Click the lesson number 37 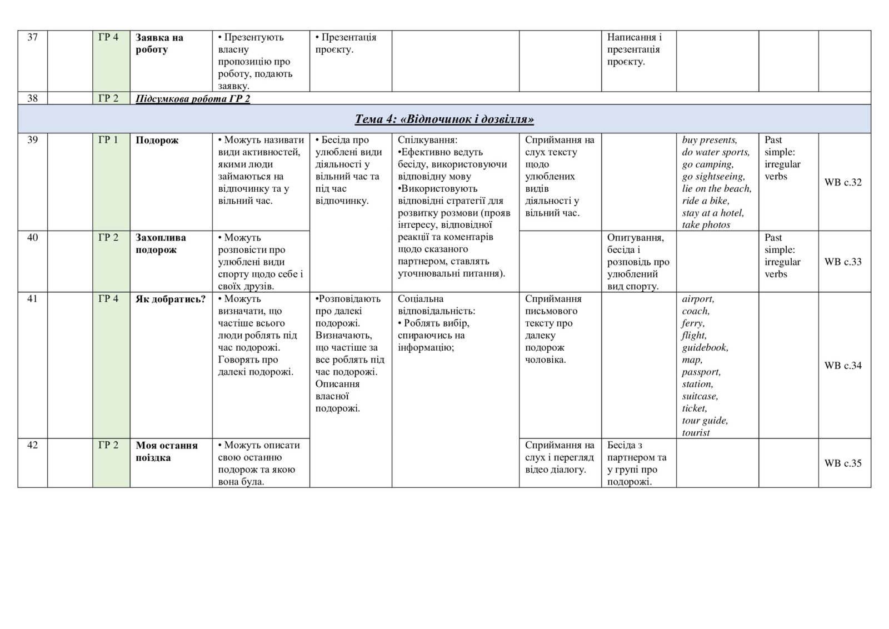[32, 38]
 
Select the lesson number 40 [32, 238]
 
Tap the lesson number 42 [32, 446]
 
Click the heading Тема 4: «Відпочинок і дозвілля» [444, 119]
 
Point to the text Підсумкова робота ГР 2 [192, 99]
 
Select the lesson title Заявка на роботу [159, 44]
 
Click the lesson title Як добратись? [171, 299]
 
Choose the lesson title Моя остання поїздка [167, 452]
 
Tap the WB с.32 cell [843, 182]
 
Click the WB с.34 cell [843, 366]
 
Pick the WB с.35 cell [843, 463]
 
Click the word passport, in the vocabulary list [701, 372]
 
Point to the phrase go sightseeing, [713, 177]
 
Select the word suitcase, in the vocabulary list [700, 397]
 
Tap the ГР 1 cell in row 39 [108, 140]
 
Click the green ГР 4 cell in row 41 [108, 299]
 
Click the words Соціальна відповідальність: [436, 305]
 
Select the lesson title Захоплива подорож [161, 244]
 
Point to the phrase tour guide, [705, 421]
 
